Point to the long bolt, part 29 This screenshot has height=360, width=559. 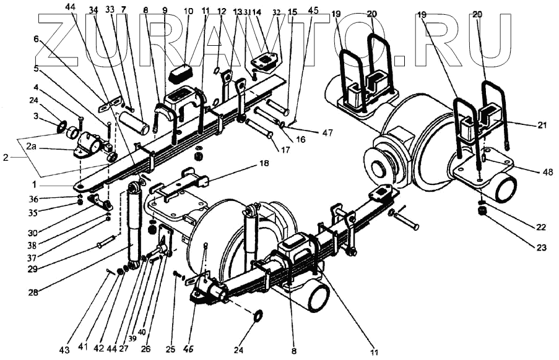coord(106,242)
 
